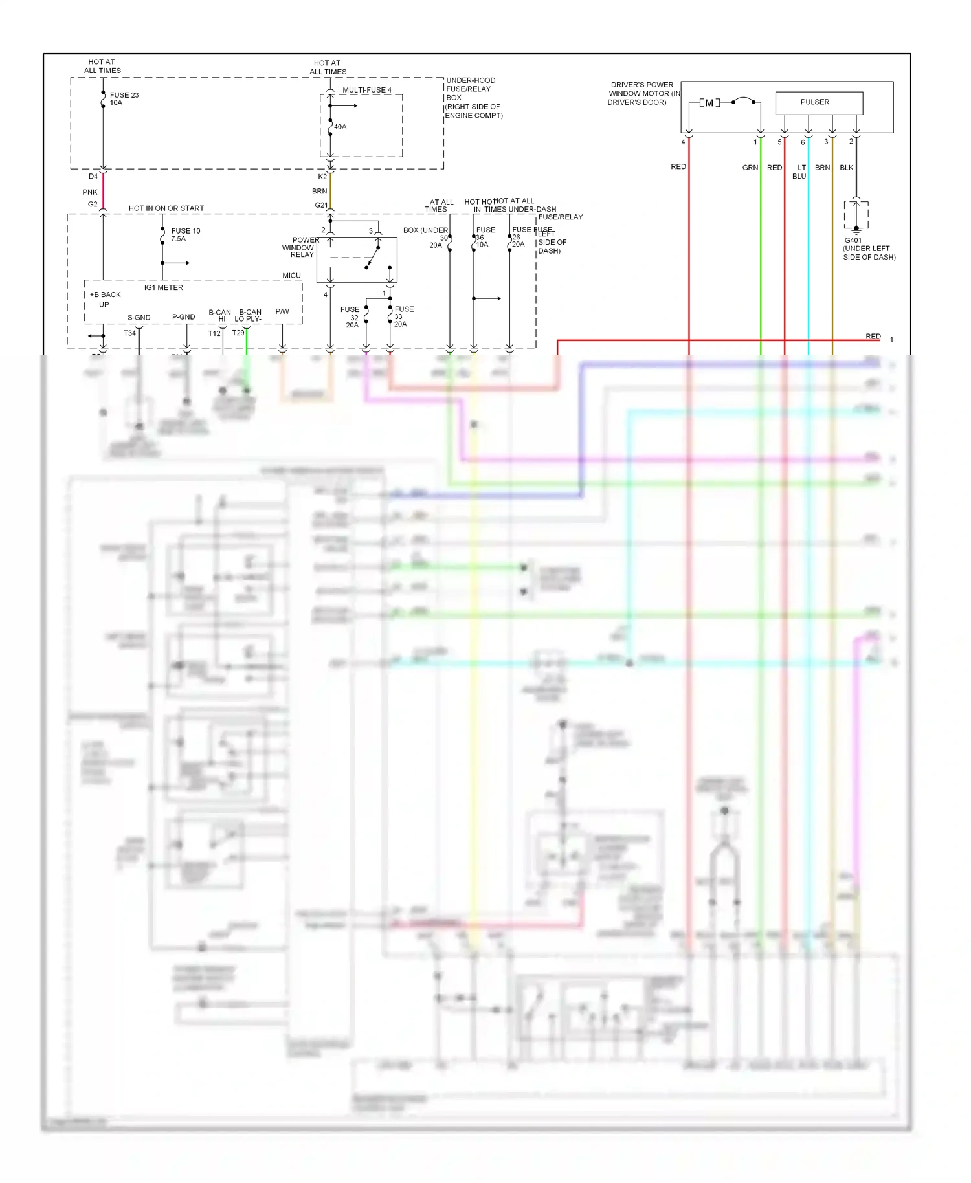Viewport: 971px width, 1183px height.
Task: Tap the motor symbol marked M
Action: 709,103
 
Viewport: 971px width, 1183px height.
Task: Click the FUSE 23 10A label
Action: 124,99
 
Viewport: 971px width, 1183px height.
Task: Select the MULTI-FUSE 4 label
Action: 366,90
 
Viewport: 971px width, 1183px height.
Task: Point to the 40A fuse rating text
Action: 340,127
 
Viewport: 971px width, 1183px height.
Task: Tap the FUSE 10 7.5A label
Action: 185,234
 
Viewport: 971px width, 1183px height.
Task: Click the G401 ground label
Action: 853,240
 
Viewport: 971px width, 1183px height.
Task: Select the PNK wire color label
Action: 90,192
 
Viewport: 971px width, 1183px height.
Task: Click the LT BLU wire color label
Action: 800,171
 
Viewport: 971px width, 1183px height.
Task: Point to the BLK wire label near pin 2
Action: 846,168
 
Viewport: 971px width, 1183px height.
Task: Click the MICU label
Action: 291,276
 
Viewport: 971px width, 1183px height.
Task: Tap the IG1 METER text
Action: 163,287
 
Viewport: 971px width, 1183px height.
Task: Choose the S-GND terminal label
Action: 139,318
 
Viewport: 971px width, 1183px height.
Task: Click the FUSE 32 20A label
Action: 350,317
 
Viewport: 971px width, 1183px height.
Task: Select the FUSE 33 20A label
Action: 403,316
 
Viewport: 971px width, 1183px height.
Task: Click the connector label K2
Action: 322,177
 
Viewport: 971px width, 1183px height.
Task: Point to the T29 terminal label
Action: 238,333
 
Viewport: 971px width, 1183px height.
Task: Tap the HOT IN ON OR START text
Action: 166,208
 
